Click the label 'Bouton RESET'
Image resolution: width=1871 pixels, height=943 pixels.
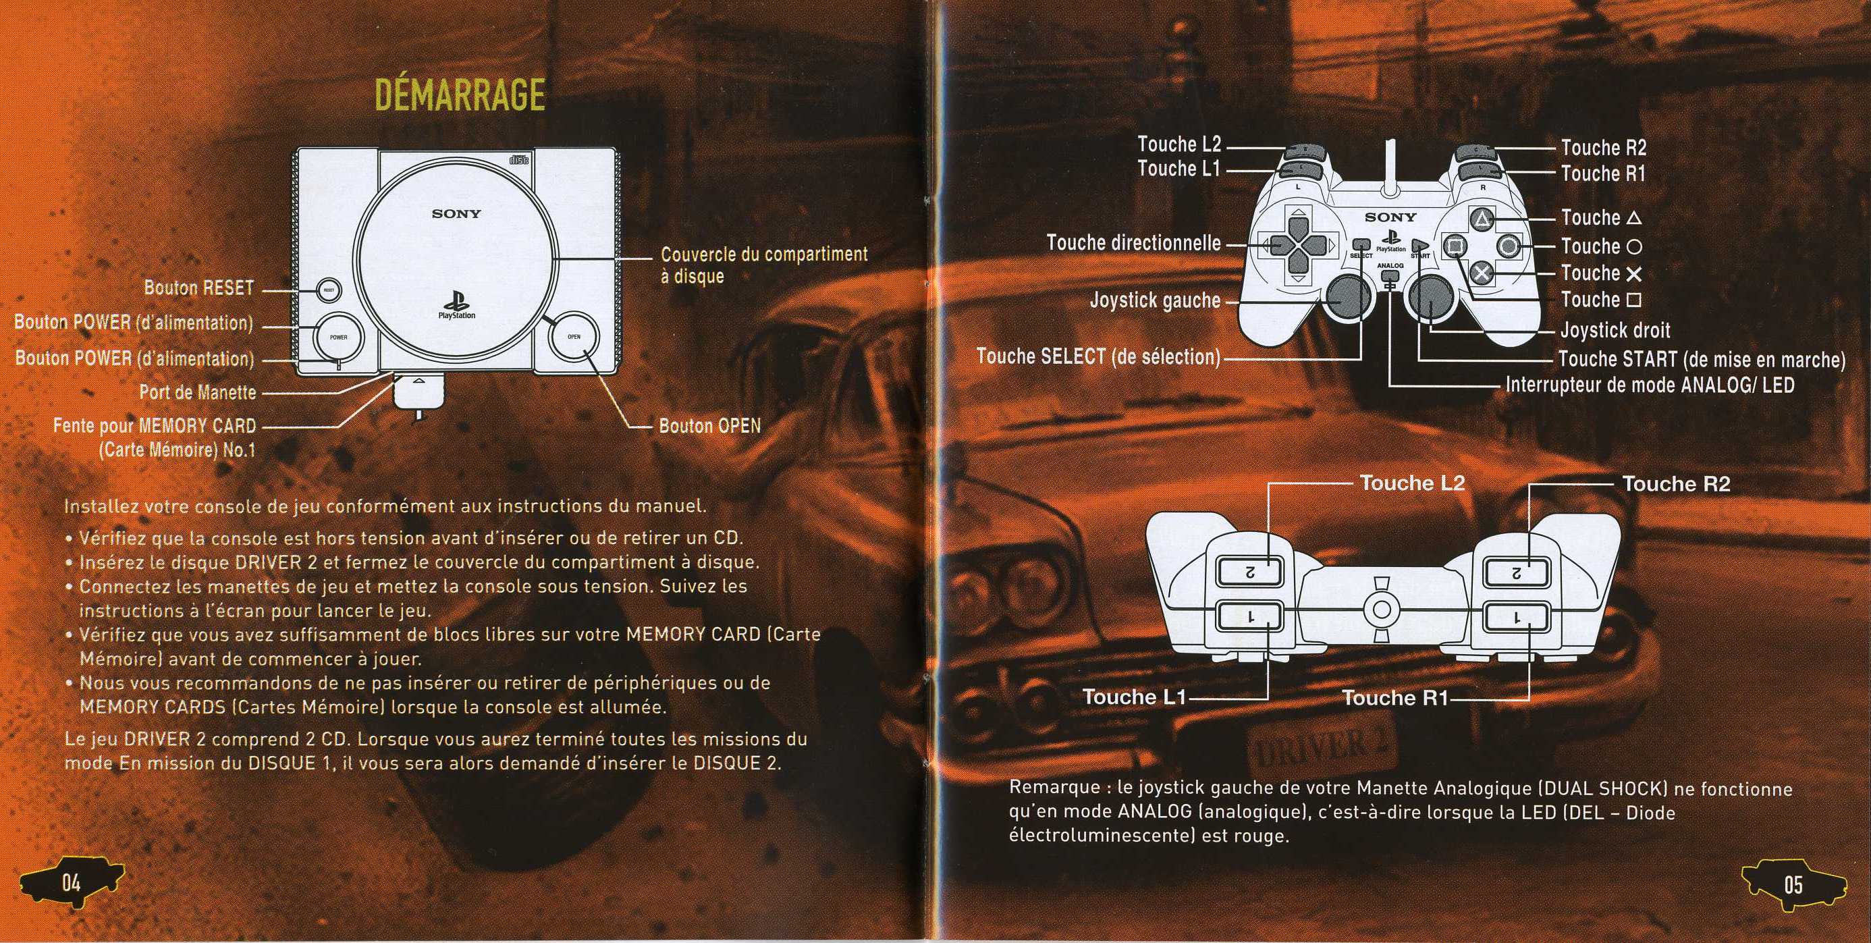point(199,288)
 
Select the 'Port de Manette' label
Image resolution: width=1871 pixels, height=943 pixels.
point(198,393)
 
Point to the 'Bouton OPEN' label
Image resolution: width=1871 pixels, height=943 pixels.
point(709,426)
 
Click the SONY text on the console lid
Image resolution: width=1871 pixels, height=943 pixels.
point(456,213)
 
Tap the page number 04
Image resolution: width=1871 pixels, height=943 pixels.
point(70,904)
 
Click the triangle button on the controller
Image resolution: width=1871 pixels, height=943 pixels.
point(1482,219)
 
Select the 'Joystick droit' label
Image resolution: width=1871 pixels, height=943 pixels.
point(1615,331)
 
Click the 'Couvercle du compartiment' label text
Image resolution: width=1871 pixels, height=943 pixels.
point(764,254)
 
